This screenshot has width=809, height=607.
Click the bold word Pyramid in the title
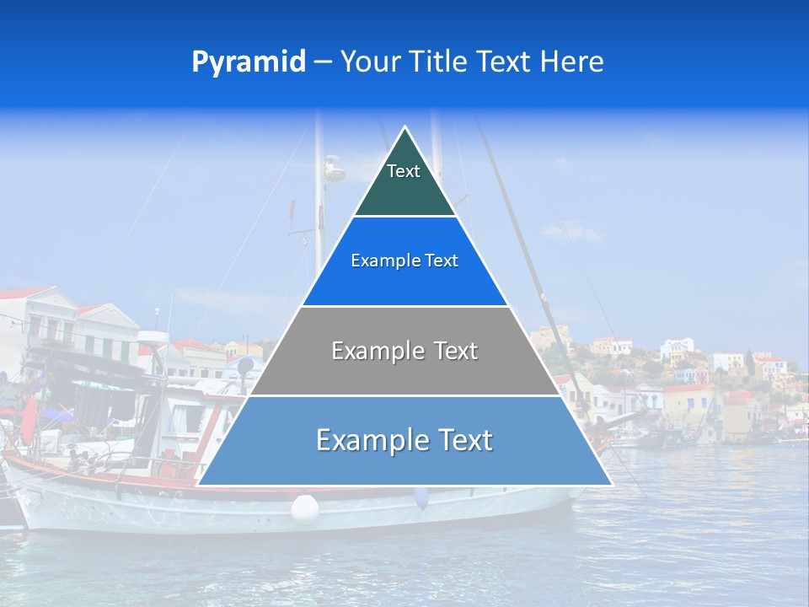coord(249,62)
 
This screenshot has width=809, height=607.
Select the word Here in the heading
coord(572,62)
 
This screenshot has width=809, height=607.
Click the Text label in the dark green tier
coord(404,172)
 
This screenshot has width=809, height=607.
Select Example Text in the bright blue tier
coord(404,261)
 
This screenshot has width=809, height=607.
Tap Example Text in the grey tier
coord(404,351)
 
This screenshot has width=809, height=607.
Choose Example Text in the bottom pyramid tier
coord(404,440)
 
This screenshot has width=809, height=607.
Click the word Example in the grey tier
coord(369,351)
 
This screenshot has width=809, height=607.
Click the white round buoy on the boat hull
coord(304,508)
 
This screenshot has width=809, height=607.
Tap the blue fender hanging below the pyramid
coord(421,497)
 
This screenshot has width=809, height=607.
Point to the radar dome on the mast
coord(334,169)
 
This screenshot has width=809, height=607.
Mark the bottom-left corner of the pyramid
coord(198,485)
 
